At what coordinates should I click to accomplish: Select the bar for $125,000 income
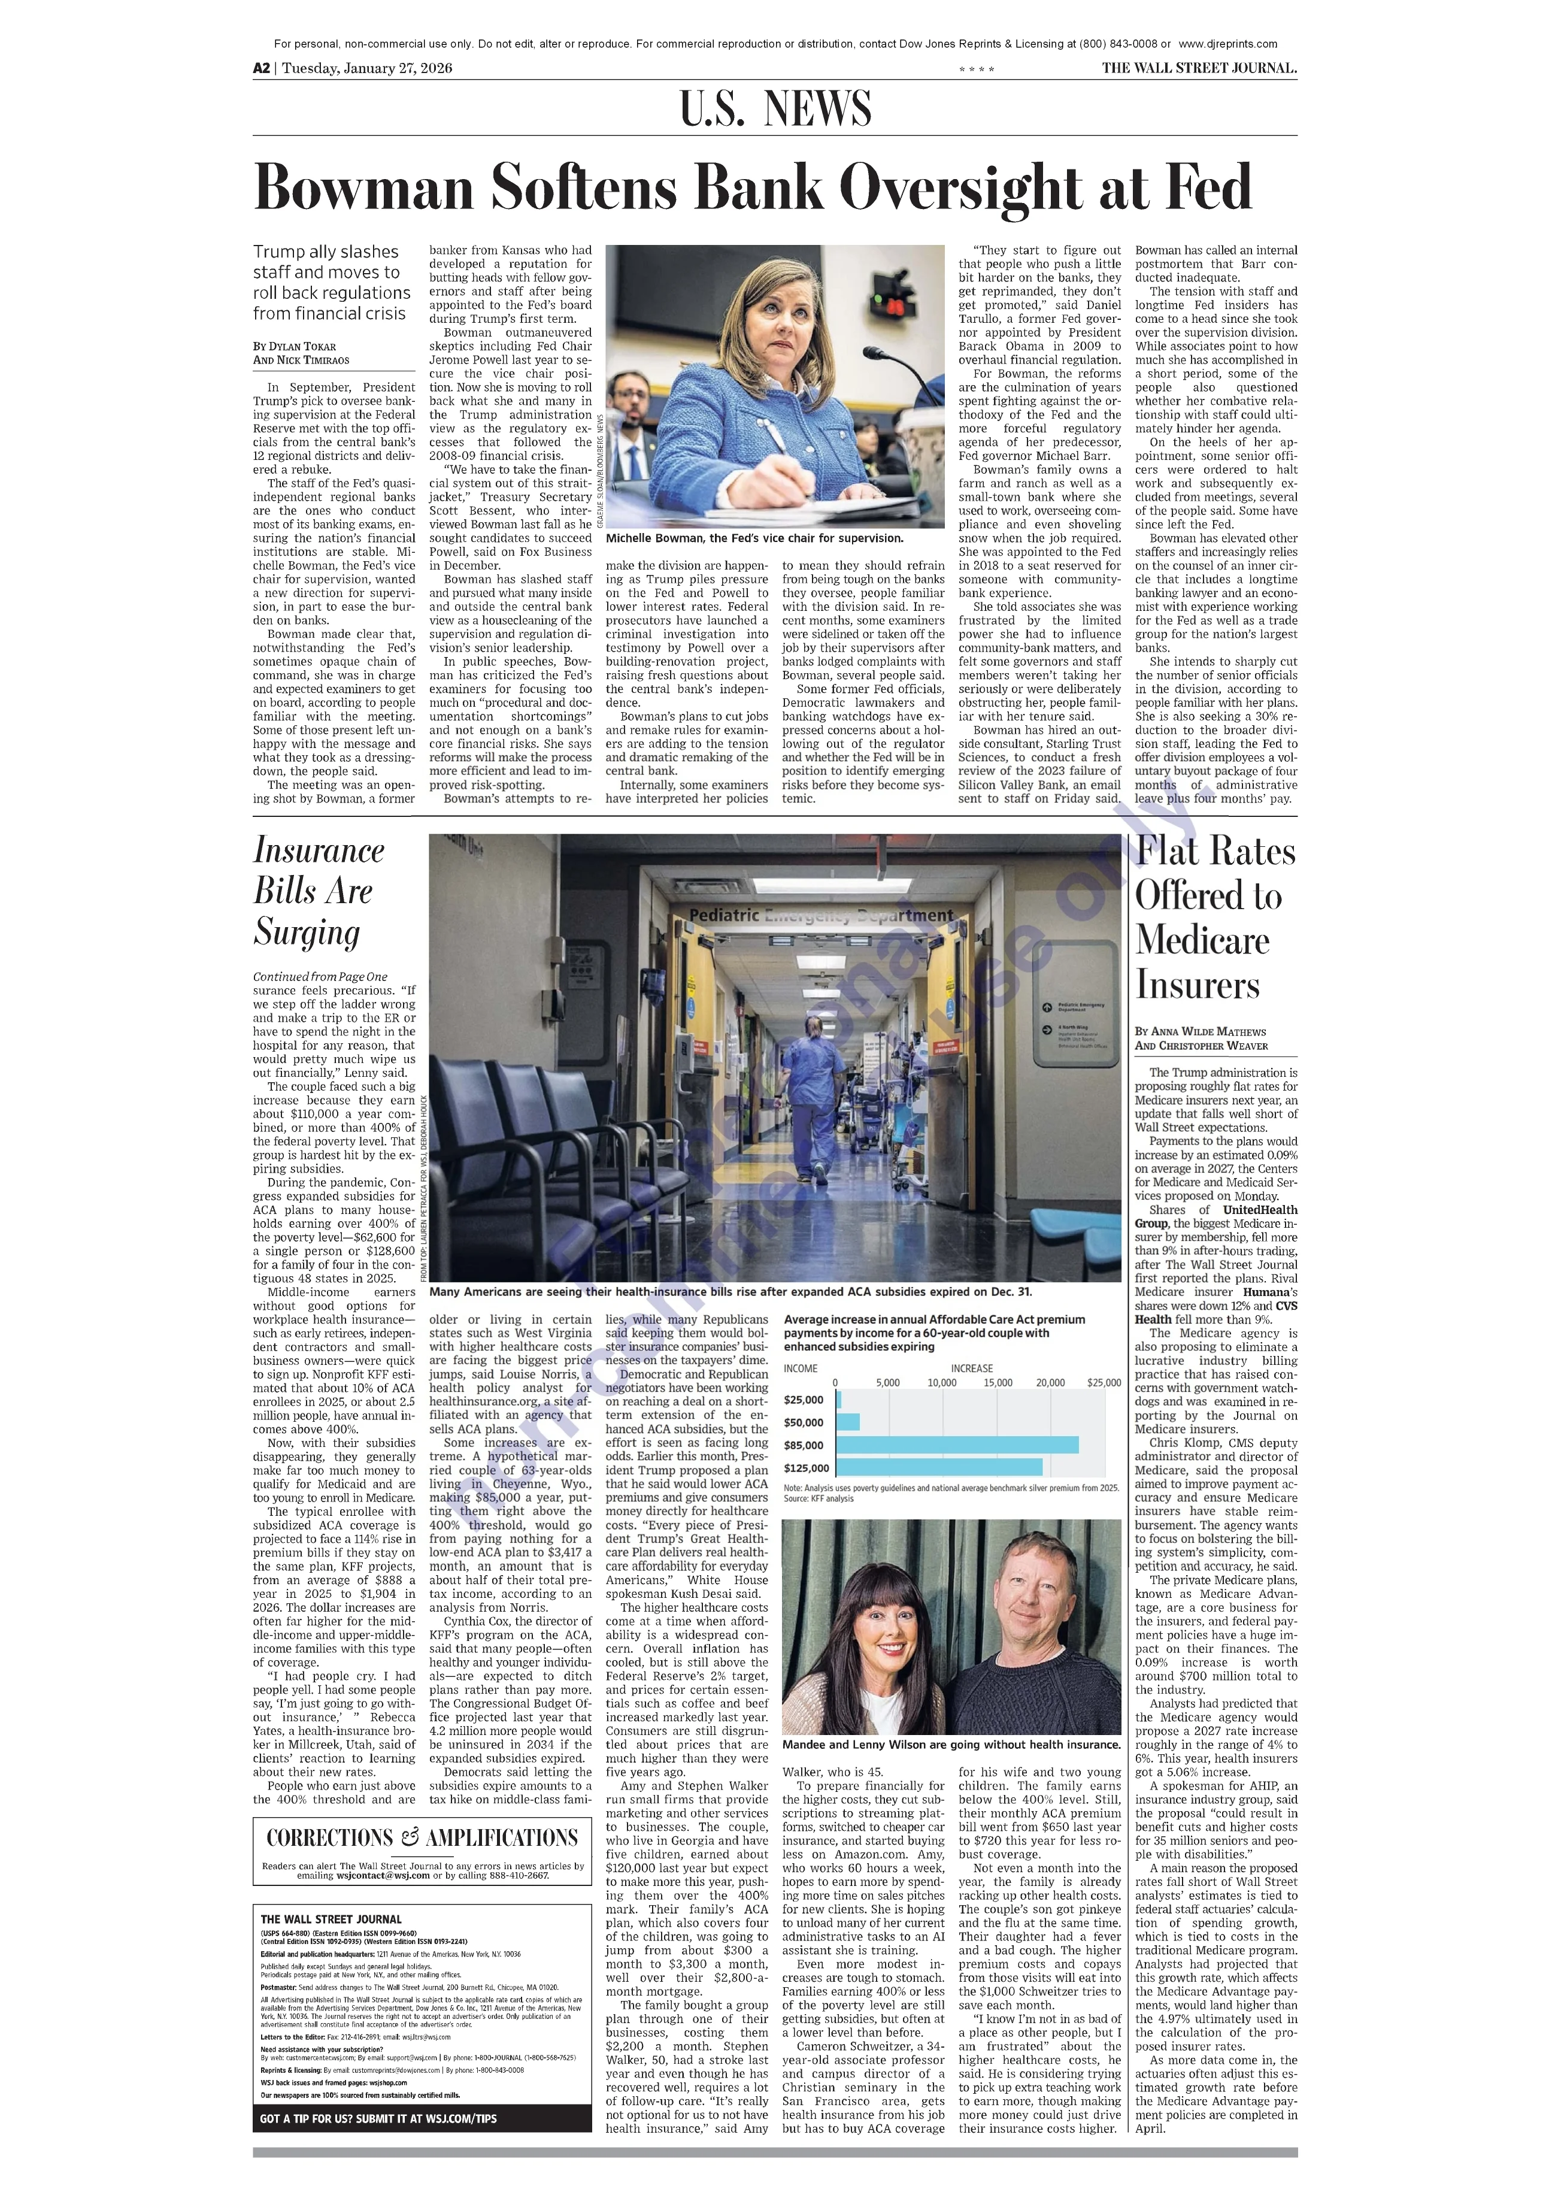[938, 1467]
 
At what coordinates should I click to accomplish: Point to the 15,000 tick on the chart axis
[998, 1382]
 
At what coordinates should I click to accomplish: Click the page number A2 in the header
[261, 68]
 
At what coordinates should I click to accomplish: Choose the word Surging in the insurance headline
[307, 932]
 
